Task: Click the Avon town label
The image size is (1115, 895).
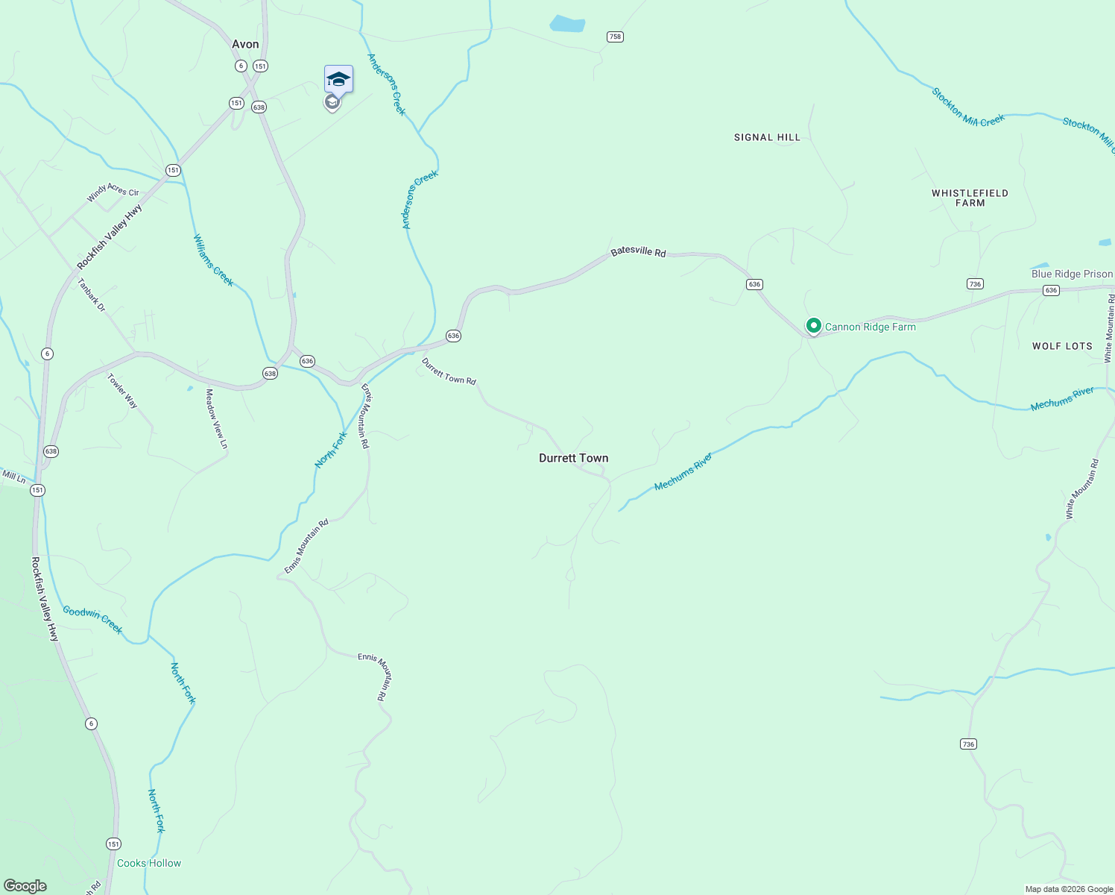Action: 245,44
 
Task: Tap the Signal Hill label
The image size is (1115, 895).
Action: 767,137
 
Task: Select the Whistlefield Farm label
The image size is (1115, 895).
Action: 970,198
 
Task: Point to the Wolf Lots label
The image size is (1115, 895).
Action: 1062,346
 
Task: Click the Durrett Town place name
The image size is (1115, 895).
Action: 573,458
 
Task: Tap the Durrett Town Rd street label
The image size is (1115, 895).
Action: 449,371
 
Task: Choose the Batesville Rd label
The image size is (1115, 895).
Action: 638,252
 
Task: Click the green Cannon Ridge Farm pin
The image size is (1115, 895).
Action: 814,326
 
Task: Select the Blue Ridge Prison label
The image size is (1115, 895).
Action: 1072,274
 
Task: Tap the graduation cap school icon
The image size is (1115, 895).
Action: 338,79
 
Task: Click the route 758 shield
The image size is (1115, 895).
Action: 615,37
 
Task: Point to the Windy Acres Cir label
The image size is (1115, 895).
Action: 113,192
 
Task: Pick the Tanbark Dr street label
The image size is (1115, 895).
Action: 92,295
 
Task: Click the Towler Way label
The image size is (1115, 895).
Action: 122,390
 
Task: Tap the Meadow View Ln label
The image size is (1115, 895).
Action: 216,418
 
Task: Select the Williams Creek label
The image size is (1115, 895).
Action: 213,260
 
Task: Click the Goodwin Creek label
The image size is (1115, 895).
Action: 92,619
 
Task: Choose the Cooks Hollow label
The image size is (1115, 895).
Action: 149,863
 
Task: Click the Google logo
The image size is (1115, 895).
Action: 25,886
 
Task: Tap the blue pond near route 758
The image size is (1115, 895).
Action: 566,24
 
